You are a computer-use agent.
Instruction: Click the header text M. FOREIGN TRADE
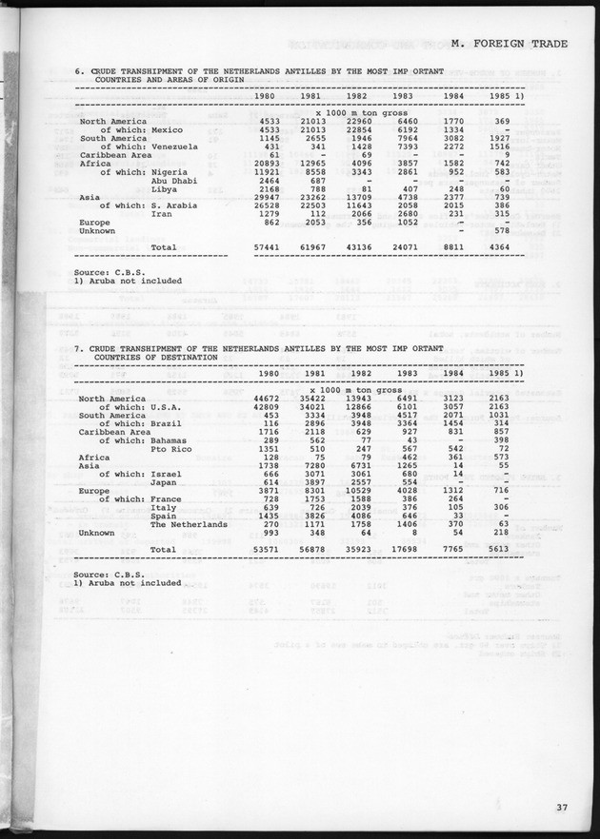510,43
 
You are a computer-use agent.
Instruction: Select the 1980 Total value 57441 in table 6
262,247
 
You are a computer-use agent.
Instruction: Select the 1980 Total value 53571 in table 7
262,550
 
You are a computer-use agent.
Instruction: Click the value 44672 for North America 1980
262,399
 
